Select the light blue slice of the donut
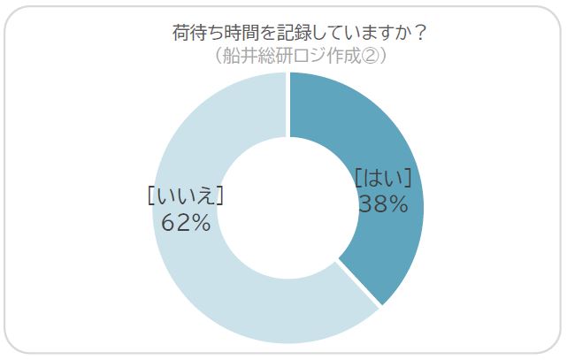203,283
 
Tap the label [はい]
383,178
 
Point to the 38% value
383,204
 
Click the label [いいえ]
185,195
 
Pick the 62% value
185,222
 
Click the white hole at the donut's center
287,209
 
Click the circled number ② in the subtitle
372,56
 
